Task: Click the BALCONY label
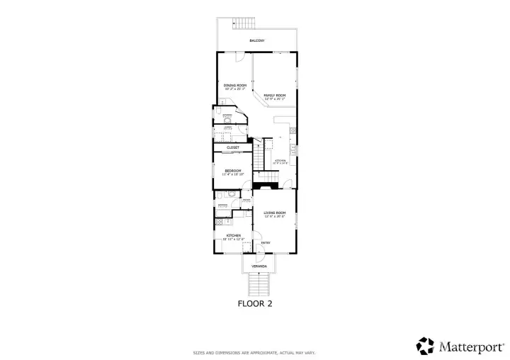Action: tap(256, 41)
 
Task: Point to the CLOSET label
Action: tap(233, 147)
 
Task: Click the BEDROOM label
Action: tap(233, 170)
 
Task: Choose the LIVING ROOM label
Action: tap(275, 213)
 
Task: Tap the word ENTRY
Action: tap(266, 243)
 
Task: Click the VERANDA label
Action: tap(259, 266)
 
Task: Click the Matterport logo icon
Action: tap(425, 345)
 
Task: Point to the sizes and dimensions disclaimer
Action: tap(255, 352)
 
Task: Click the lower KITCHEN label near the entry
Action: tap(233, 235)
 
